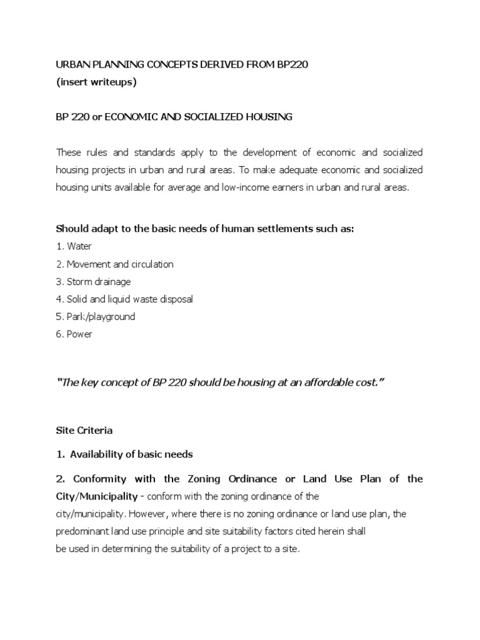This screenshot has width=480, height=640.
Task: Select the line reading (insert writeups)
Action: pos(96,82)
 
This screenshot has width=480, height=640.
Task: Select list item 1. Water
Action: pos(74,246)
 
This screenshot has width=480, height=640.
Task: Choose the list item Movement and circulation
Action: pos(115,264)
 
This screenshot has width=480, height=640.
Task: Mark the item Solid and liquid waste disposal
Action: pos(124,299)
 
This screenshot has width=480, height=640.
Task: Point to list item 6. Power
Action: pos(74,334)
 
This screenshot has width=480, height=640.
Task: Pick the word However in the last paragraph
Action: pos(142,514)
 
